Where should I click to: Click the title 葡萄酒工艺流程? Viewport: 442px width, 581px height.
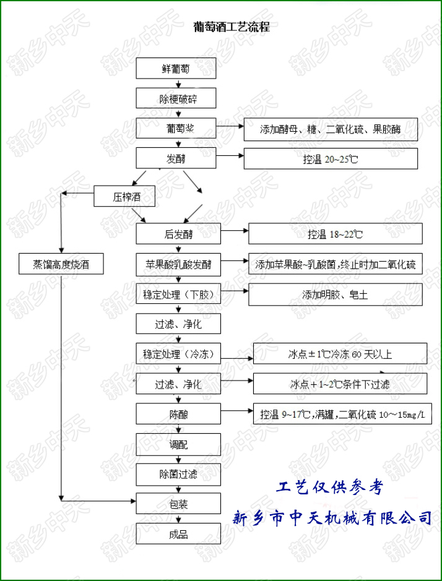pos(232,27)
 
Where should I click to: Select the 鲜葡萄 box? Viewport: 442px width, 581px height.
pos(178,69)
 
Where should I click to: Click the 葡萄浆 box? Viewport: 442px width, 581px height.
pos(178,129)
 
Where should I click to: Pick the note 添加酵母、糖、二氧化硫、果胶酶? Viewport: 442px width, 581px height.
pos(331,130)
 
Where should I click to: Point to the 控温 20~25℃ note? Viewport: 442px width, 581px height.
pos(331,159)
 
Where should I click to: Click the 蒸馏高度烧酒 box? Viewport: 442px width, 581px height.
pos(60,265)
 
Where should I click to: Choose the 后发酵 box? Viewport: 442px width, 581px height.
pos(178,235)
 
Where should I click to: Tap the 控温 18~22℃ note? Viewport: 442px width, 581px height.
pos(335,235)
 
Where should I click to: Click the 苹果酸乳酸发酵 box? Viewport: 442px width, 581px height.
pos(178,265)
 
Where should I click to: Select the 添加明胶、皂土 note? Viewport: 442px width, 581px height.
pos(335,295)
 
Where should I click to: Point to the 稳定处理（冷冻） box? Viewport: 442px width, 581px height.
pos(178,355)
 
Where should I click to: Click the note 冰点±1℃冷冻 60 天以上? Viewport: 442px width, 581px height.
pos(340,355)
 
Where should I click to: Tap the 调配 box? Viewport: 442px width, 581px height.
pos(178,444)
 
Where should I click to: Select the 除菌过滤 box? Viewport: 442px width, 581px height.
pos(178,475)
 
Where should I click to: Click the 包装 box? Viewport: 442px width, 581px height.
pos(178,504)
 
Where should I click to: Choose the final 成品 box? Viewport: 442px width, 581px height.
pos(178,534)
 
